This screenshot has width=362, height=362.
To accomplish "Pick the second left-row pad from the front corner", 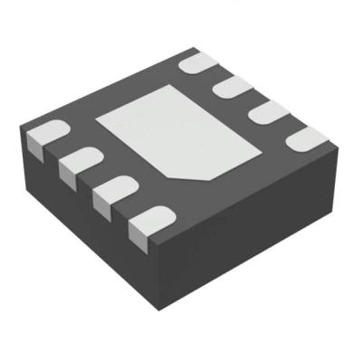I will pos(114,193).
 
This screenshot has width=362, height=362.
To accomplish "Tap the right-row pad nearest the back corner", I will pos(201,62).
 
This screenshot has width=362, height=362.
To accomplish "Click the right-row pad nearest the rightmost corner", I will pos(306,136).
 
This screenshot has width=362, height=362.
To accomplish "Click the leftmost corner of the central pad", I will pos(98,119).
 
